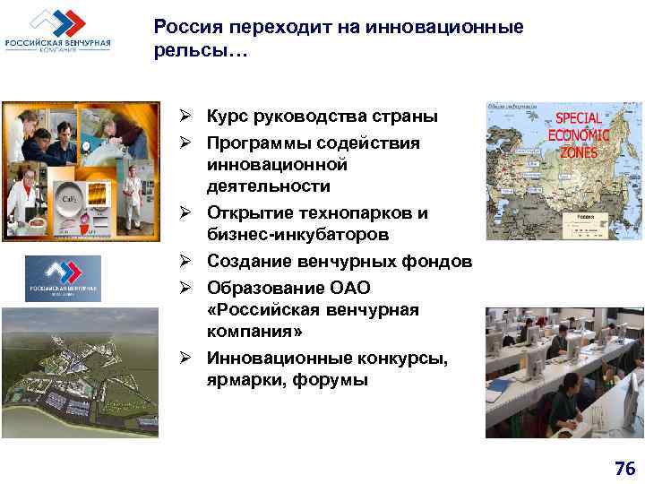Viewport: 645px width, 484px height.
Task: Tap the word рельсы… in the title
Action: pyautogui.click(x=196, y=53)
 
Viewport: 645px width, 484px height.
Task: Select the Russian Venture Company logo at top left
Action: pyautogui.click(x=58, y=31)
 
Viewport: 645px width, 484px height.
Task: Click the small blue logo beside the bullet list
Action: pyautogui.click(x=63, y=278)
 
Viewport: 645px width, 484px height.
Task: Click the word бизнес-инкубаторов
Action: pyautogui.click(x=297, y=235)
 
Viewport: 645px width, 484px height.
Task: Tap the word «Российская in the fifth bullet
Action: pyautogui.click(x=259, y=309)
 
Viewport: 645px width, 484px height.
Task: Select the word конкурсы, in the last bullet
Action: pyautogui.click(x=399, y=358)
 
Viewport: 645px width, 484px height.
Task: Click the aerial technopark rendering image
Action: pyautogui.click(x=79, y=372)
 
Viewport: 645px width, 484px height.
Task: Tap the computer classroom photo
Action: pyautogui.click(x=564, y=372)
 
